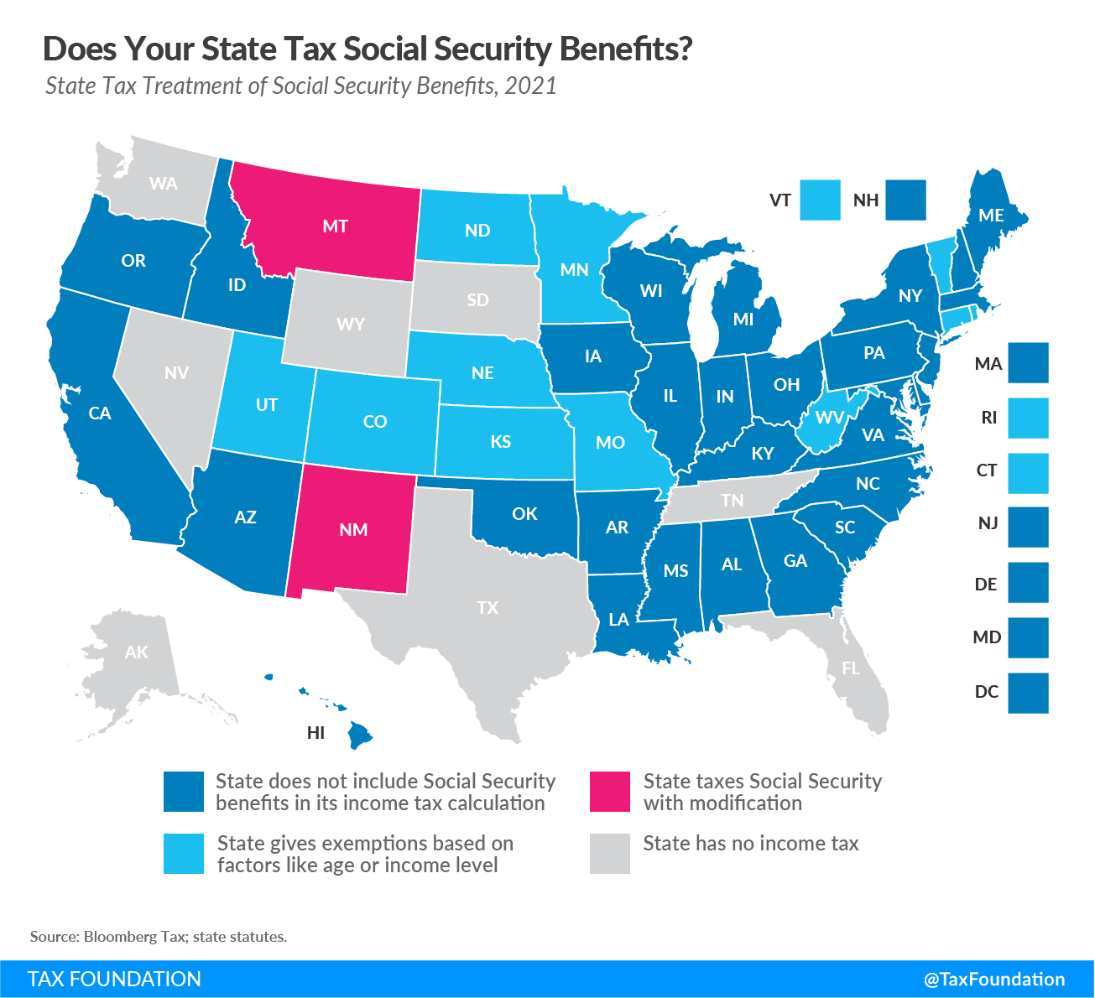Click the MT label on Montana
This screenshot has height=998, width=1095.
click(x=335, y=226)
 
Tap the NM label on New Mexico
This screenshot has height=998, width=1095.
click(x=353, y=529)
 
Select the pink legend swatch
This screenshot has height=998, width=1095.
click(x=609, y=792)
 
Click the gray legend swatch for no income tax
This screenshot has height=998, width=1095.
click(x=609, y=854)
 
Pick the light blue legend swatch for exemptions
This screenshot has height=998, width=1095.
click(x=184, y=854)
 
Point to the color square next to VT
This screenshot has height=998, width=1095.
click(x=820, y=200)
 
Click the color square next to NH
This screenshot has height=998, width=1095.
click(x=905, y=200)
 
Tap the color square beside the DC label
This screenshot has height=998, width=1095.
click(x=1028, y=693)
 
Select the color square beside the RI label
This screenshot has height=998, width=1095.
click(x=1028, y=418)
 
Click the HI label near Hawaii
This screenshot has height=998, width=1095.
click(x=315, y=733)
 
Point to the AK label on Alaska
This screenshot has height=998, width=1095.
click(x=136, y=652)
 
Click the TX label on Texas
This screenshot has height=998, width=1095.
click(x=488, y=607)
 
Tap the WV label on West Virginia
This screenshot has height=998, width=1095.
click(x=830, y=417)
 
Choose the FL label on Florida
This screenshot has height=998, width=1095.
click(x=851, y=668)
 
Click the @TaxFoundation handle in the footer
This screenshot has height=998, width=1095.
click(x=993, y=979)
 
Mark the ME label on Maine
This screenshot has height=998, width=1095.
click(x=991, y=216)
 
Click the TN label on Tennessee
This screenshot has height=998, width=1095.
click(x=732, y=501)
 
